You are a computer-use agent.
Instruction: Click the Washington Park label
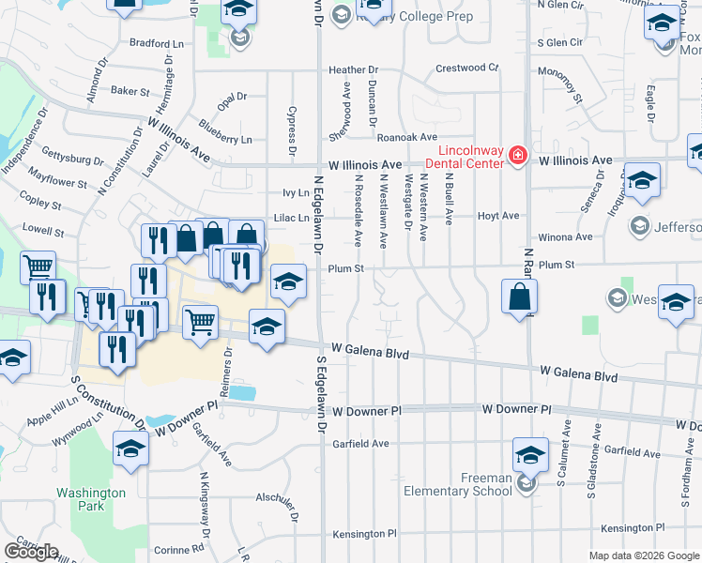click(90, 499)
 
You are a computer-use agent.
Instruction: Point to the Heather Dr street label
click(353, 70)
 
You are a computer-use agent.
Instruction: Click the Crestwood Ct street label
click(466, 68)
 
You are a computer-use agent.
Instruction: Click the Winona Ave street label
click(560, 238)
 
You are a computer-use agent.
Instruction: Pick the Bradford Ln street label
click(157, 43)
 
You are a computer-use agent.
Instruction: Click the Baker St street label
click(130, 92)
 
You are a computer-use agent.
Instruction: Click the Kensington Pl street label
click(633, 529)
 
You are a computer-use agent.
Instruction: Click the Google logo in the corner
click(31, 552)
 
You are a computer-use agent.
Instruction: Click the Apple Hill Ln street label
click(53, 406)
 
